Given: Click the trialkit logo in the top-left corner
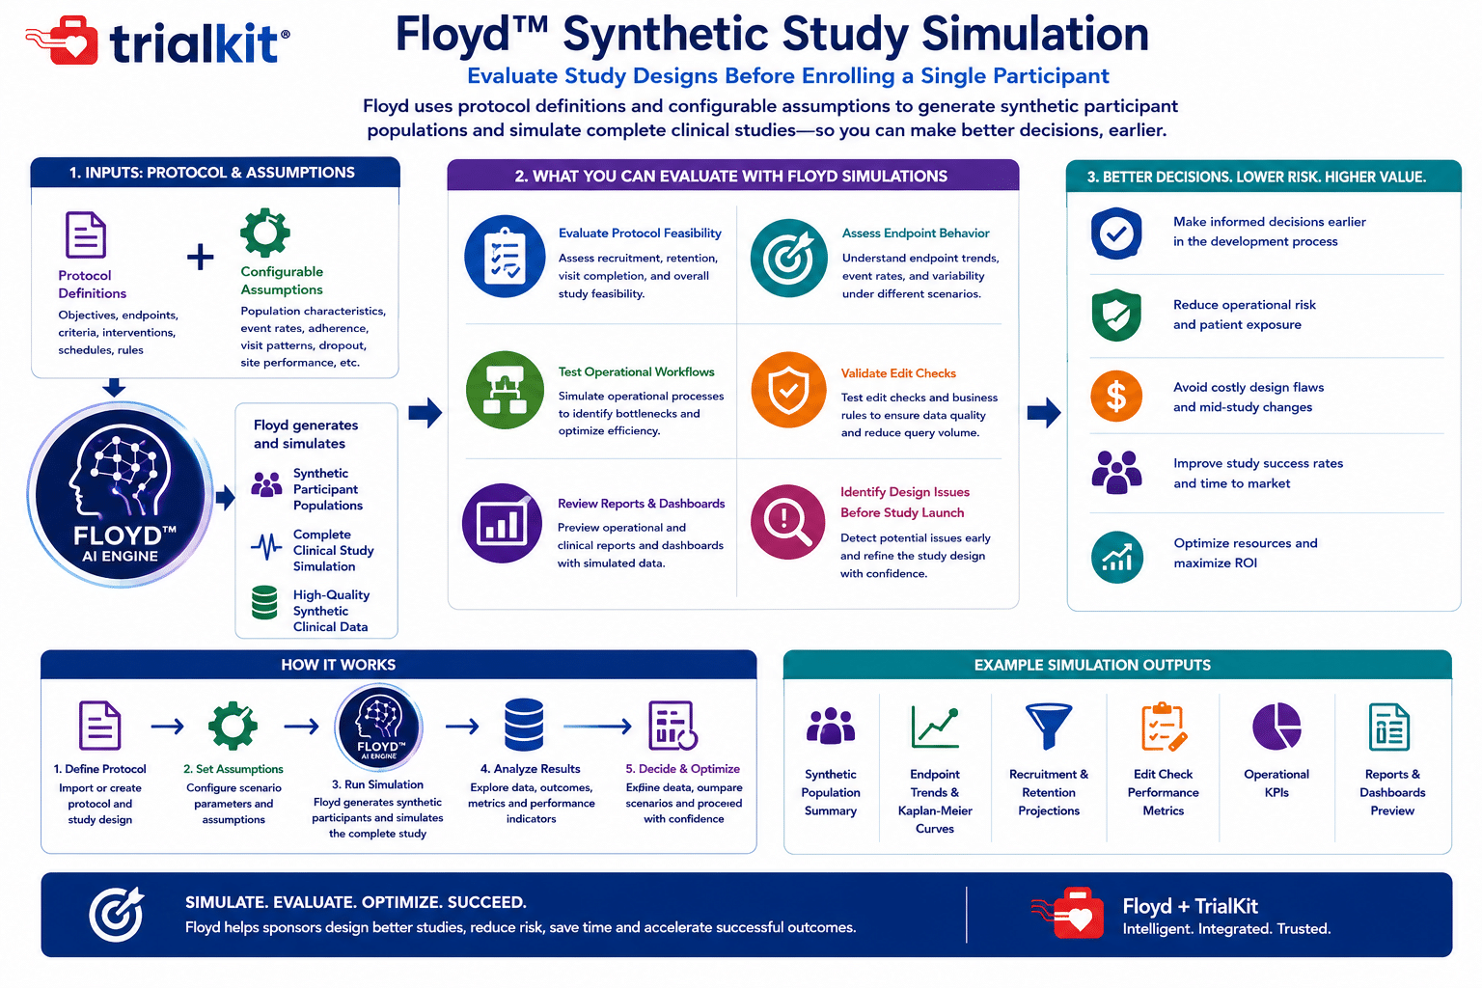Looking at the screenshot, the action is pyautogui.click(x=157, y=41).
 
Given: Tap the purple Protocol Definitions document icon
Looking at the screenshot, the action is pyautogui.click(x=85, y=234).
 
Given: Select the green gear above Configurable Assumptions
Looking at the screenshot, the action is pyautogui.click(x=264, y=233).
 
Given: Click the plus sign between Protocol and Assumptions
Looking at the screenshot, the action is pyautogui.click(x=200, y=257).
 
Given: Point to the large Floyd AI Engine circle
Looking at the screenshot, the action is pyautogui.click(x=120, y=494).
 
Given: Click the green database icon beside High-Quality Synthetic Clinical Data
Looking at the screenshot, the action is pyautogui.click(x=264, y=602).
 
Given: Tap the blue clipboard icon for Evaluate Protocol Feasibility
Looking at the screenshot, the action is pyautogui.click(x=505, y=256).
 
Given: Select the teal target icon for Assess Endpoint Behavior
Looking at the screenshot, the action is pyautogui.click(x=788, y=258).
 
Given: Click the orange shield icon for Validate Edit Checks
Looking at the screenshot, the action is pyautogui.click(x=788, y=390).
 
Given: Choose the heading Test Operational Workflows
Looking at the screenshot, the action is pyautogui.click(x=636, y=371).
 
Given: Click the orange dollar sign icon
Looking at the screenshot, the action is pyautogui.click(x=1116, y=397).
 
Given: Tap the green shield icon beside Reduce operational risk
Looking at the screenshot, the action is pyautogui.click(x=1116, y=315).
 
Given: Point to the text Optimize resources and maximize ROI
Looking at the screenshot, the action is pyautogui.click(x=1246, y=553).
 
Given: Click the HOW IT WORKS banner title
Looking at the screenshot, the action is pyautogui.click(x=338, y=665).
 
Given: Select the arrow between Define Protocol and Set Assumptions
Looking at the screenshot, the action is pyautogui.click(x=167, y=727).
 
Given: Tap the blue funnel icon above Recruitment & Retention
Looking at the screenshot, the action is pyautogui.click(x=1048, y=726).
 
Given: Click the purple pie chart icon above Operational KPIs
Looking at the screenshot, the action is pyautogui.click(x=1276, y=726).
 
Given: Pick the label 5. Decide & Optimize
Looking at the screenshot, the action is pyautogui.click(x=683, y=768).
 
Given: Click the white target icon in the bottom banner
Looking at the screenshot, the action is pyautogui.click(x=117, y=914).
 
